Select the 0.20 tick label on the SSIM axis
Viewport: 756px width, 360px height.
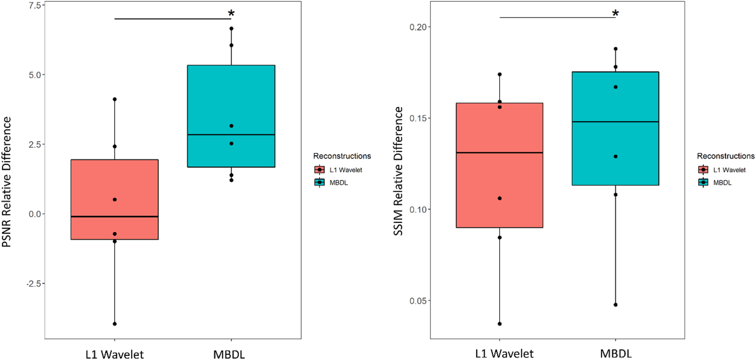coord(418,27)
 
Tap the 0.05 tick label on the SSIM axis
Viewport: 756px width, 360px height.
coord(418,301)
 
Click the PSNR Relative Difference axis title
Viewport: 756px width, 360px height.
coord(7,182)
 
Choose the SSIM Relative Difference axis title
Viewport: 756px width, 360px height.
coord(398,171)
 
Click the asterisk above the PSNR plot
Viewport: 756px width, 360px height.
coord(231,14)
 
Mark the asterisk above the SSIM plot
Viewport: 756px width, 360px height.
coord(615,14)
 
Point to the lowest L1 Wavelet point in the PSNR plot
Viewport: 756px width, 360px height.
coord(115,324)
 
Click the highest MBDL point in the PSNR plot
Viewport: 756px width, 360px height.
coord(232,29)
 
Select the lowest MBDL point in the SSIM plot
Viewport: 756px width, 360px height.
coord(615,305)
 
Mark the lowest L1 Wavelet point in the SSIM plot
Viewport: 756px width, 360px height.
coord(500,324)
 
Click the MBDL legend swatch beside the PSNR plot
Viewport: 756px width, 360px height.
coord(320,182)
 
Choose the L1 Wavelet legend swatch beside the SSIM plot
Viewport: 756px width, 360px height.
coord(703,170)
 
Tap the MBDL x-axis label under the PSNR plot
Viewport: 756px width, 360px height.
coord(229,354)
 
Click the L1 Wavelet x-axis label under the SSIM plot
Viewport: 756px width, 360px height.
coord(504,353)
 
